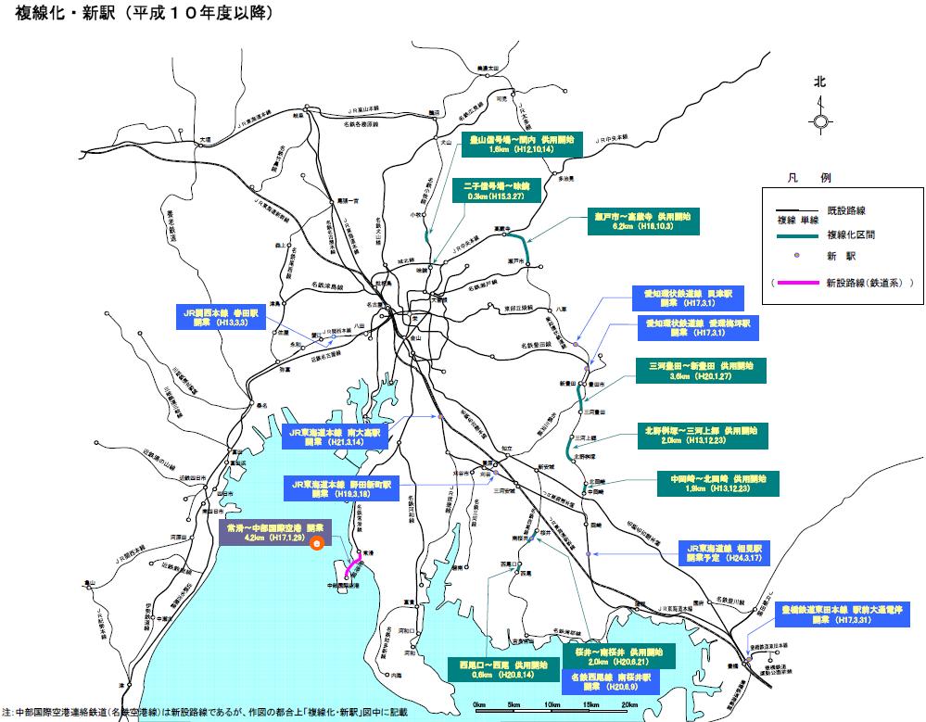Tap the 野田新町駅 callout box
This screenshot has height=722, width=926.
click(341, 488)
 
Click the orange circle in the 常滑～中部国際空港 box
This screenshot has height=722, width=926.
click(317, 544)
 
